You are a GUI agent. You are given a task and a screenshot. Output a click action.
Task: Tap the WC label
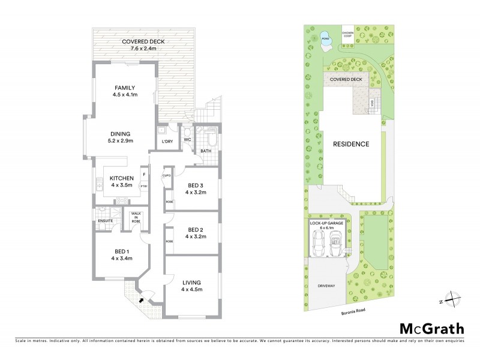point(187,139)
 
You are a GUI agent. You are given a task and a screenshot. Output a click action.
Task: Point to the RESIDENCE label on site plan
point(351,144)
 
